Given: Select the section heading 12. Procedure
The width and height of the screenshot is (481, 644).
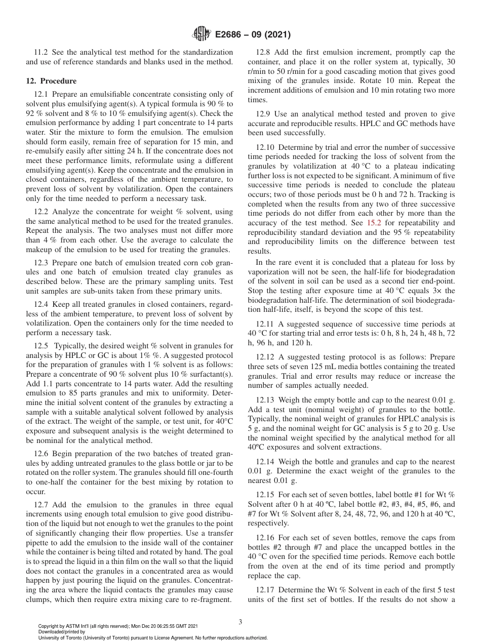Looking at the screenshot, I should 51,81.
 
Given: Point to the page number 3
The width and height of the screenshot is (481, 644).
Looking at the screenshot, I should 240,622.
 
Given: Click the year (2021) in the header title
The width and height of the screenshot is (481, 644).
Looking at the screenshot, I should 276,34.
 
